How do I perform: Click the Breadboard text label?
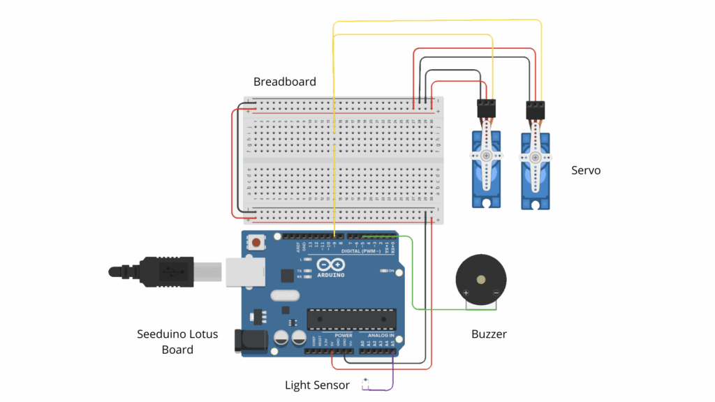[x=284, y=82]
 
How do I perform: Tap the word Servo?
[x=586, y=170]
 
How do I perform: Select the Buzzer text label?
[x=489, y=334]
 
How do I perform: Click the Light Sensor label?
[x=317, y=385]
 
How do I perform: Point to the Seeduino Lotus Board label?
[x=177, y=341]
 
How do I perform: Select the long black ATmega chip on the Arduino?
[x=351, y=318]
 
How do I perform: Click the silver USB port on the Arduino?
[x=245, y=273]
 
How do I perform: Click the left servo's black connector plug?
[x=487, y=108]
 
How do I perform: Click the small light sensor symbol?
[x=366, y=382]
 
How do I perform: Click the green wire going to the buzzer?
[x=413, y=279]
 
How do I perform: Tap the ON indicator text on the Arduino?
[x=391, y=271]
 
